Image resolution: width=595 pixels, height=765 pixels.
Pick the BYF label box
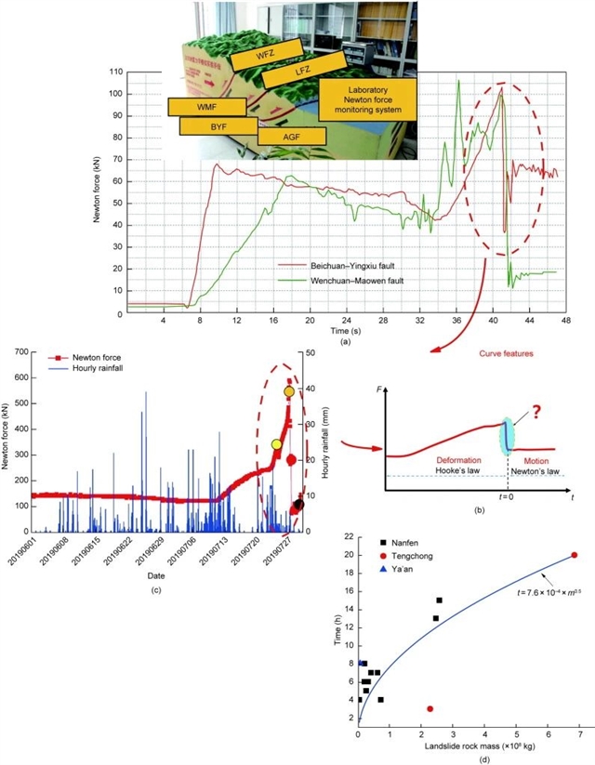point(218,125)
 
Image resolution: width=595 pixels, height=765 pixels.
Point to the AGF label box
point(292,136)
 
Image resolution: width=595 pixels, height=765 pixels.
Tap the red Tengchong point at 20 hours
point(575,555)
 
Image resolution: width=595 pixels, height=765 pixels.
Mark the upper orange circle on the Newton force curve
point(289,392)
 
